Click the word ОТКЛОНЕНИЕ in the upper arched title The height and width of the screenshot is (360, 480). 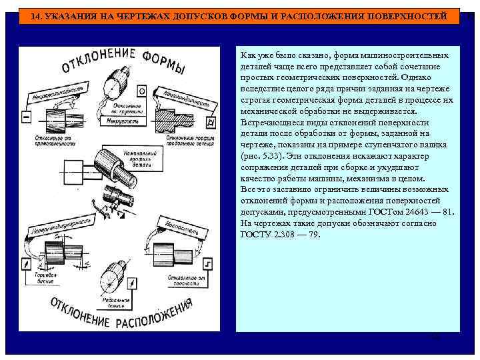[99, 60]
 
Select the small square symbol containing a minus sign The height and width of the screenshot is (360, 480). [27, 116]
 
